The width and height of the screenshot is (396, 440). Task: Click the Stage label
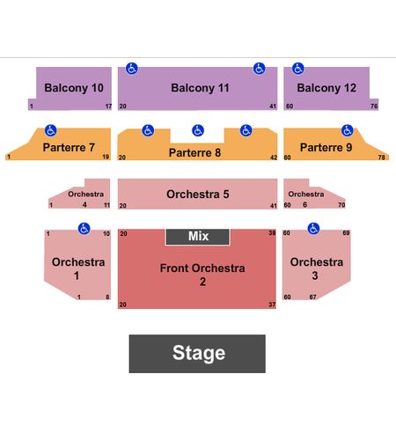point(199,353)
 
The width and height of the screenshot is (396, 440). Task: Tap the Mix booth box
point(198,237)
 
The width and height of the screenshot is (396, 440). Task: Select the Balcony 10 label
point(74,88)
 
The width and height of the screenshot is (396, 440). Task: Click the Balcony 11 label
point(200,88)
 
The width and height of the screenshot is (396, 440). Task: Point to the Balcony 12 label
point(326,88)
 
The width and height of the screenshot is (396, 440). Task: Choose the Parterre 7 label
point(69,147)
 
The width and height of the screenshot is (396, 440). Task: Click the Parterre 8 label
point(194,152)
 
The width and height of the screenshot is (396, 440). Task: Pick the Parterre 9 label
point(326,147)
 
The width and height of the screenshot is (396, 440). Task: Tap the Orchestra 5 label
point(198,194)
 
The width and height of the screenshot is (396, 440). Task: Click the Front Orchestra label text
point(202,268)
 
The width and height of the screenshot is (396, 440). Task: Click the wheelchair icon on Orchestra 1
point(84,229)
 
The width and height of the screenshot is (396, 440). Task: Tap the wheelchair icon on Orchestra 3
point(313,229)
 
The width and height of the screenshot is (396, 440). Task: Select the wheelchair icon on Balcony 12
point(298,69)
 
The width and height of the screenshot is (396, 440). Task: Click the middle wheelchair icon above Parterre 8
point(198,130)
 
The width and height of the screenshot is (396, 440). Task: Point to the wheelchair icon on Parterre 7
point(50,130)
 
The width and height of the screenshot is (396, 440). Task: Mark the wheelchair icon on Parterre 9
point(348,130)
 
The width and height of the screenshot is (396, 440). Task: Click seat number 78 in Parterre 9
point(381,158)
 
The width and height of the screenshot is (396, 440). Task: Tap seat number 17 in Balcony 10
point(108,106)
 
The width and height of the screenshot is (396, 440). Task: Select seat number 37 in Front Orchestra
point(272,304)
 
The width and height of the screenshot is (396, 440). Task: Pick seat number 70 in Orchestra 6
point(341,205)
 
